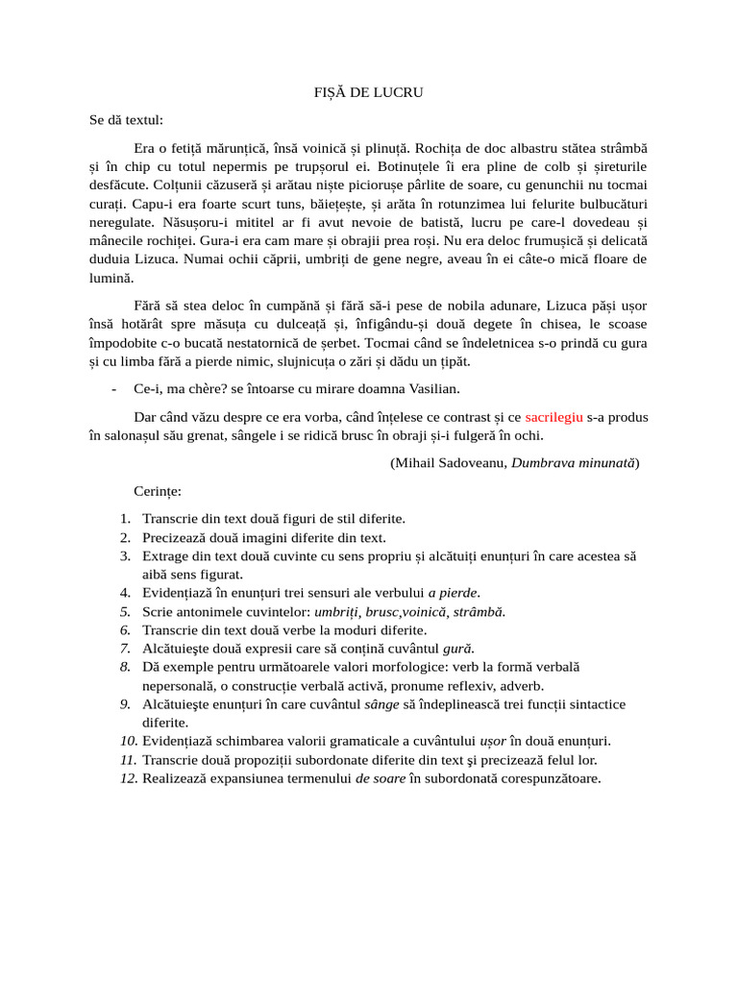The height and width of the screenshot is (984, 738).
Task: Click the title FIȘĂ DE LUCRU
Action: [x=369, y=92]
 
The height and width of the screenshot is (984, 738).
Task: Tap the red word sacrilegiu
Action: [x=554, y=418]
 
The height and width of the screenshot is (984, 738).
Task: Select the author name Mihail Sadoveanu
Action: [x=450, y=462]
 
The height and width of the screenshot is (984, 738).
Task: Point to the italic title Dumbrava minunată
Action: [x=573, y=462]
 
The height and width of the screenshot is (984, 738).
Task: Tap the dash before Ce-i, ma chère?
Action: [x=114, y=388]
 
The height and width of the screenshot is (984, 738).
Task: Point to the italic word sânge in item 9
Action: [x=383, y=704]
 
